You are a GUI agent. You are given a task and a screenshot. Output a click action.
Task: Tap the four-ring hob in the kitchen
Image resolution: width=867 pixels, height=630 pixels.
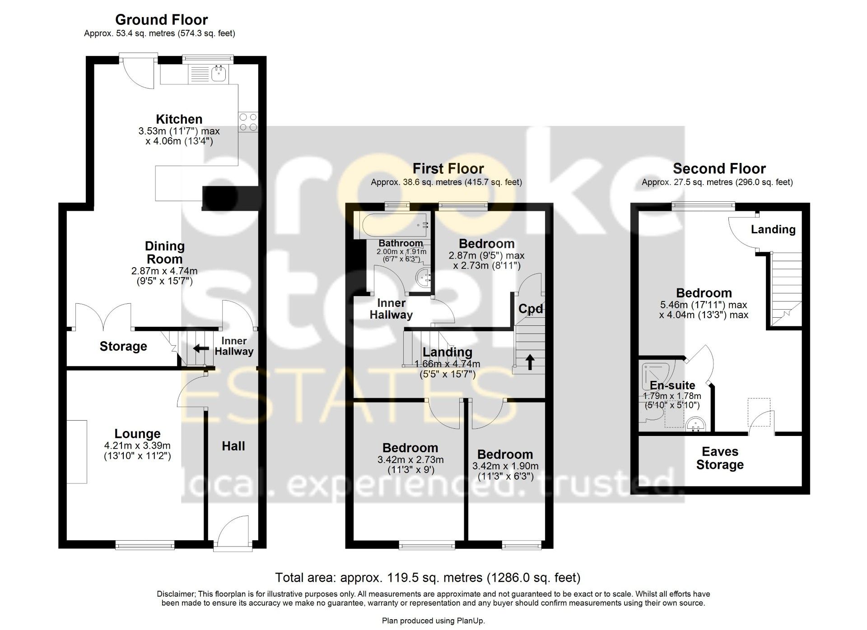click(248, 121)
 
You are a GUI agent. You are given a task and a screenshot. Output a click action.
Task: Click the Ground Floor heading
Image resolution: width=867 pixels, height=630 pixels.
click(161, 20)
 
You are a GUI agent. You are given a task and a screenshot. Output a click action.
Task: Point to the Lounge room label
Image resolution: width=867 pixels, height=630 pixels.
click(137, 434)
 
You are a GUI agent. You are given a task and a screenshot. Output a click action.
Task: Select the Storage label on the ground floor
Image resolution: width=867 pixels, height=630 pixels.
click(123, 346)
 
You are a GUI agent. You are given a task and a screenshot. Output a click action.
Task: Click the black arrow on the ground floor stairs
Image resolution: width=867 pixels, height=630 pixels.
click(201, 348)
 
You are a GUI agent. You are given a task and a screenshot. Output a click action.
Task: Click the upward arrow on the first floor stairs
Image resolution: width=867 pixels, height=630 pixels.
click(530, 362)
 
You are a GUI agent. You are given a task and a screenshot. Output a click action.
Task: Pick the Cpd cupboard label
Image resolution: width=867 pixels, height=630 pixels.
click(531, 309)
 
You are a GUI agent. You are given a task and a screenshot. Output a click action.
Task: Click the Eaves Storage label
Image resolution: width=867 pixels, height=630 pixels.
click(720, 458)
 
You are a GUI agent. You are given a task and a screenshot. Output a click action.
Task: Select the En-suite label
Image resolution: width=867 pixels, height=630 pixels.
click(672, 385)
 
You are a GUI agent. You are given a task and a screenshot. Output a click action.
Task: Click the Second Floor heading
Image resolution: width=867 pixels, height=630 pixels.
click(719, 169)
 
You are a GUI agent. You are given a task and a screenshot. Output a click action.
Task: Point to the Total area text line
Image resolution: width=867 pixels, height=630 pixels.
click(428, 578)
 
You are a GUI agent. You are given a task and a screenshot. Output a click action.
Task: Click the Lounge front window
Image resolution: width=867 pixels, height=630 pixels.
click(145, 545)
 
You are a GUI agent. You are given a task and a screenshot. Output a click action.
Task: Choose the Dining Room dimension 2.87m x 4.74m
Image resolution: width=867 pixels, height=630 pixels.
click(164, 271)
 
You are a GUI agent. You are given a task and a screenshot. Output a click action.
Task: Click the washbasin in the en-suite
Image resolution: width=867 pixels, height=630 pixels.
click(696, 425)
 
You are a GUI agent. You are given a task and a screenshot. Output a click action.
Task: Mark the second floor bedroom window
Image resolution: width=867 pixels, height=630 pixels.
click(703, 206)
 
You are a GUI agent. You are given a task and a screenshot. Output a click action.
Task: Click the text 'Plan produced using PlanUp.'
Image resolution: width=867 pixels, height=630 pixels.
click(433, 621)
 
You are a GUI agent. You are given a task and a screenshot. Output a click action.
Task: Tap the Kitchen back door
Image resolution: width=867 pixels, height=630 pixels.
click(139, 72)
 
